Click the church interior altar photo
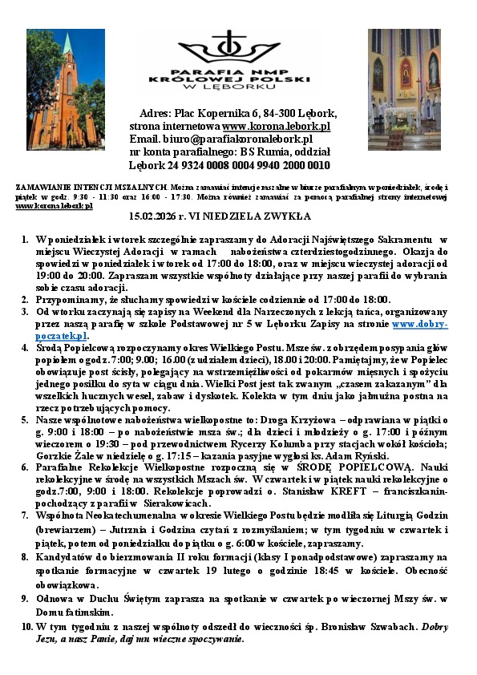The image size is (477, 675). (404, 90)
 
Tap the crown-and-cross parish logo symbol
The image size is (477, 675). (231, 50)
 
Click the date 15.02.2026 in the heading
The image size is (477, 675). (155, 216)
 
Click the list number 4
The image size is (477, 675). (26, 350)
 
